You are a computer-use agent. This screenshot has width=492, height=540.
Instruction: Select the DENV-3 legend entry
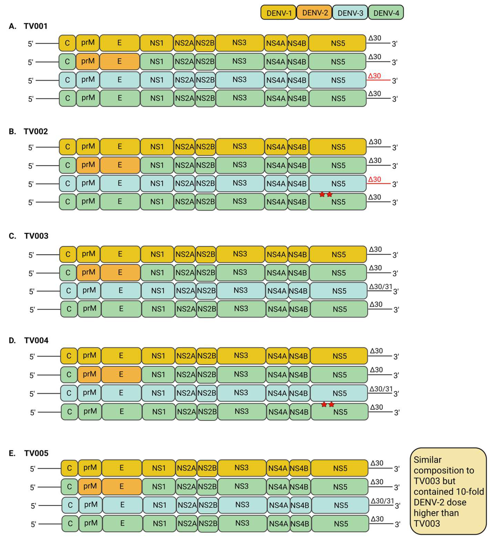tap(350, 13)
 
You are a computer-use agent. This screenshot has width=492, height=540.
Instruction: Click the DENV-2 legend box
tap(315, 13)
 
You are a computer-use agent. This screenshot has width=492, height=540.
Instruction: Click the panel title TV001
tap(35, 26)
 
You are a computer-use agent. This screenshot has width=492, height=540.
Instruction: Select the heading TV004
tap(36, 340)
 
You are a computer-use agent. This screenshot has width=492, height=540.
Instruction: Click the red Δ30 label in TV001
tap(374, 76)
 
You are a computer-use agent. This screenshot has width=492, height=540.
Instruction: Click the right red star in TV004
tap(331, 404)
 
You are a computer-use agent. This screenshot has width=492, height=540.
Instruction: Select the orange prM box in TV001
tap(88, 61)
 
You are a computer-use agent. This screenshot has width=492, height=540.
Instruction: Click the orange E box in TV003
tap(120, 272)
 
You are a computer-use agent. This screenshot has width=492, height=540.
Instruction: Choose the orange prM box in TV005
tap(90, 486)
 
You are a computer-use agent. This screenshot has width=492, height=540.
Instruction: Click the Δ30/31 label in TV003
tap(380, 287)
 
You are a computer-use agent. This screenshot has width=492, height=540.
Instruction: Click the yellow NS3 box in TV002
tap(240, 146)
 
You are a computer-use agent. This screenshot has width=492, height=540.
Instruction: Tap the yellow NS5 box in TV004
tap(339, 356)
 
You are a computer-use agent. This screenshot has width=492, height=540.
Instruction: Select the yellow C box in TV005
tap(69, 468)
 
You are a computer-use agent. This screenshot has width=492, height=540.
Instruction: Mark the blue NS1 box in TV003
tap(158, 291)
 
